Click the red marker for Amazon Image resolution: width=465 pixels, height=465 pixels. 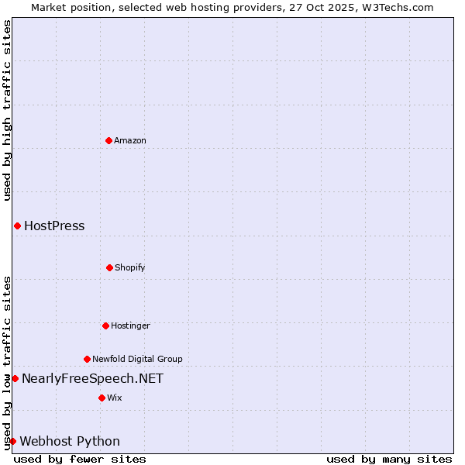108,140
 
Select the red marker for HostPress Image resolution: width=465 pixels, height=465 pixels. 17,226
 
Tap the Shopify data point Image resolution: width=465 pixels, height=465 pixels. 109,267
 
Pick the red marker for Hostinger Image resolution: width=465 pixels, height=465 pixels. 105,325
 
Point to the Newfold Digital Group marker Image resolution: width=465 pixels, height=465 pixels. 87,359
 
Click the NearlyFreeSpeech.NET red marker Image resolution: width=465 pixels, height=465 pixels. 15,378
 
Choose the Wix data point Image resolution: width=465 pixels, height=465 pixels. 102,398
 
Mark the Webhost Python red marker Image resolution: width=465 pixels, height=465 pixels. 12,441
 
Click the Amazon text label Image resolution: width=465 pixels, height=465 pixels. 130,140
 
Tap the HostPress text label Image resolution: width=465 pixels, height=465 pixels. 54,226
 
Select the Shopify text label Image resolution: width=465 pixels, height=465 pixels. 130,267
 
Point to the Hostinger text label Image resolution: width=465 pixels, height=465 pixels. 130,325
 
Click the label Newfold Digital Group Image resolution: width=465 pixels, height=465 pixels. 137,359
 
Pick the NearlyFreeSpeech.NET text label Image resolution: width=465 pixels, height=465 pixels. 92,378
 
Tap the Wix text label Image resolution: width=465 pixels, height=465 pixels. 115,398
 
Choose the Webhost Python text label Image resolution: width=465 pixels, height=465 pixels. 70,441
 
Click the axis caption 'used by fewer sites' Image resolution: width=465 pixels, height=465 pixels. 80,459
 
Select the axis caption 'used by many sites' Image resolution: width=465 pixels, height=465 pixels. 389,459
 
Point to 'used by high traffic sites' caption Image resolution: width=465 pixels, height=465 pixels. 7,110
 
